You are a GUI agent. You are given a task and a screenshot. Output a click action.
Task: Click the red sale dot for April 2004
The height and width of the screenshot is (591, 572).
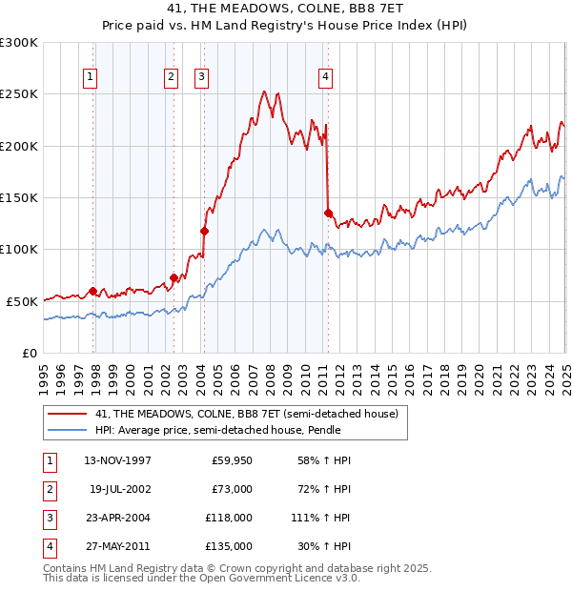(204, 230)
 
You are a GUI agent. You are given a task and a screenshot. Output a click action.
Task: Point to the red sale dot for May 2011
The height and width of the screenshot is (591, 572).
(328, 213)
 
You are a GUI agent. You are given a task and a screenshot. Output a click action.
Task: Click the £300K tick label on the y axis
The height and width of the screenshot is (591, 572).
(19, 43)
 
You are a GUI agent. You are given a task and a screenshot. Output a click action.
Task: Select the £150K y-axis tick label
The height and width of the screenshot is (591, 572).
(19, 197)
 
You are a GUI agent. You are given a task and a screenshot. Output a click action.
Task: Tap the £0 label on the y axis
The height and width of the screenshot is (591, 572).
(30, 353)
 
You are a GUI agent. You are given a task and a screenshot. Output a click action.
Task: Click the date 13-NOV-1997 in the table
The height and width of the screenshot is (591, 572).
(118, 460)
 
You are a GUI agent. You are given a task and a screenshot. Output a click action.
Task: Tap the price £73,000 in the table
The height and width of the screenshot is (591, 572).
(231, 489)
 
